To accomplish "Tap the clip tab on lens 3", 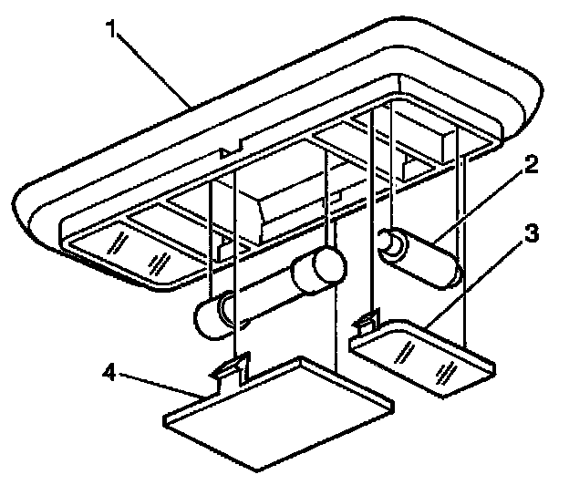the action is coord(367,321).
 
